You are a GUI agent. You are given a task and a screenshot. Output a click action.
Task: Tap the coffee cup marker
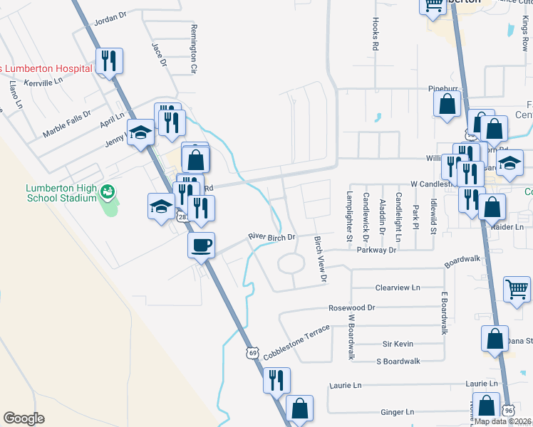click(201, 245)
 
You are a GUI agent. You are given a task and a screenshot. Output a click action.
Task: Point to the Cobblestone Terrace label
click(296, 342)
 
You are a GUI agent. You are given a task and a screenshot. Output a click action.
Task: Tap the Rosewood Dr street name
click(351, 308)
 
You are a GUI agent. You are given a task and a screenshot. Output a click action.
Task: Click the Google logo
click(24, 418)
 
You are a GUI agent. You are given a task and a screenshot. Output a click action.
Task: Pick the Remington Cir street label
click(193, 49)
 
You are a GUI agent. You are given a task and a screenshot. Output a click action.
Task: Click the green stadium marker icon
click(107, 191)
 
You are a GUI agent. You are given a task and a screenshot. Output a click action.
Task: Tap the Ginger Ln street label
click(398, 412)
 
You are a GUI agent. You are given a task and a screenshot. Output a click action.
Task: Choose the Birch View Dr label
click(320, 260)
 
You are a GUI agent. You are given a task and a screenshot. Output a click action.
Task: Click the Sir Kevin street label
click(398, 344)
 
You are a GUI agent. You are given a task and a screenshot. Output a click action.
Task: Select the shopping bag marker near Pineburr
click(446, 104)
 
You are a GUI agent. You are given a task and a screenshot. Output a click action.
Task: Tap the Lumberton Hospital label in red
click(47, 68)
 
